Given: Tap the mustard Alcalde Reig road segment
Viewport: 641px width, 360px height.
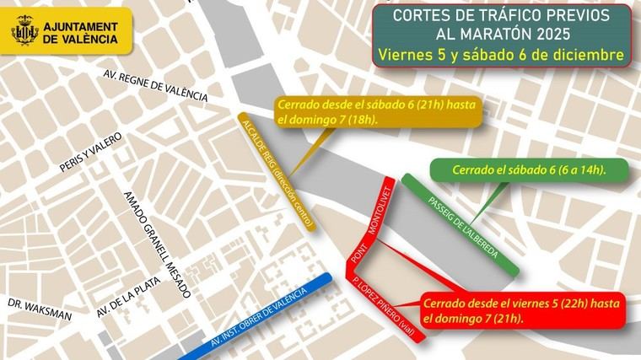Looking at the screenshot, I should (x=278, y=173).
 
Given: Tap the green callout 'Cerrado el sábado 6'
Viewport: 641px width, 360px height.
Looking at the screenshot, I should (x=529, y=169).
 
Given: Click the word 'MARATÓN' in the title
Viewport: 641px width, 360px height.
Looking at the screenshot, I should (x=533, y=35).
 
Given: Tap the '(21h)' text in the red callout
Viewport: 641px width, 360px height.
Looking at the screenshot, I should (x=508, y=320).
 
